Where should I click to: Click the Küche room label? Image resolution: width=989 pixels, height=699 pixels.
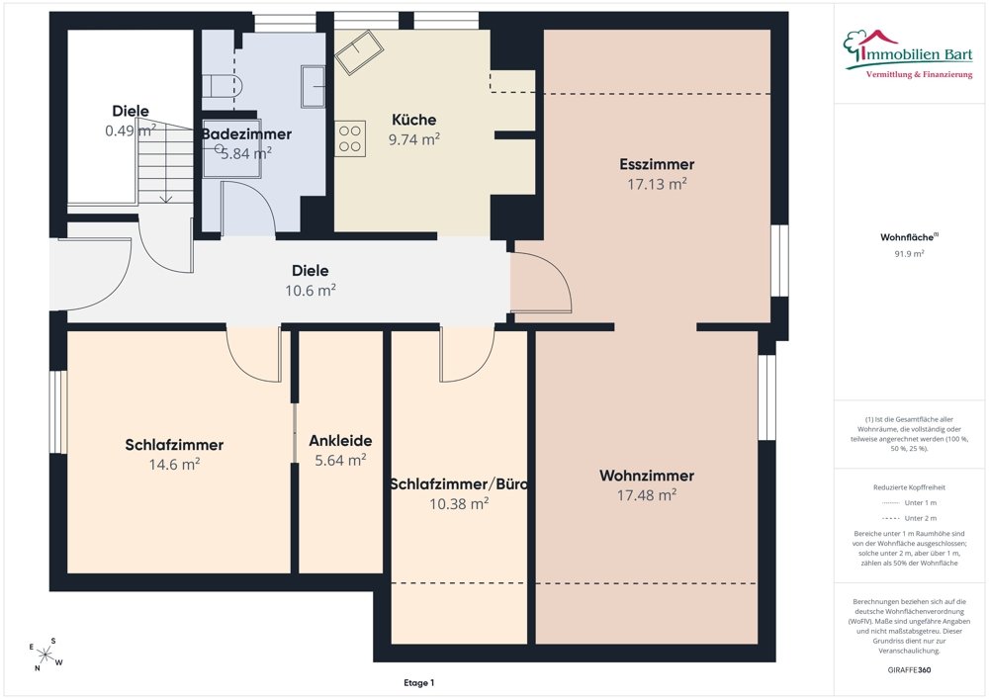pos(413,119)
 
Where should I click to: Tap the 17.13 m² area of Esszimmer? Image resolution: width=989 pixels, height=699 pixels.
pos(657,184)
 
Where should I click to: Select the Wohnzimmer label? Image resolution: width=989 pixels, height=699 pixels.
pos(647,476)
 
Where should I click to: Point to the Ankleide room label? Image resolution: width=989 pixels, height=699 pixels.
pos(340,441)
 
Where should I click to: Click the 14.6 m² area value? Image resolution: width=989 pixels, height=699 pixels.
pos(174,464)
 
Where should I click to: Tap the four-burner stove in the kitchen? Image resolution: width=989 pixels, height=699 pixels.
pos(350,139)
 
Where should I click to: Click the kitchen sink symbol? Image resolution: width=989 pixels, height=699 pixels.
pos(359,51)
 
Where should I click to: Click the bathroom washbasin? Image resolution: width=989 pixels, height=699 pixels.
pos(313,86)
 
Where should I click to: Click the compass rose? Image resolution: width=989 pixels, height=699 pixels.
pos(45,655)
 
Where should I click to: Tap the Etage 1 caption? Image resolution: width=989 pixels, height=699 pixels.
pos(418,682)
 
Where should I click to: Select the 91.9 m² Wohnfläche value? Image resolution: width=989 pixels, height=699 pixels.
pos(909,254)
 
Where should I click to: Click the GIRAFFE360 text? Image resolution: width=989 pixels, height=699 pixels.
pos(909,670)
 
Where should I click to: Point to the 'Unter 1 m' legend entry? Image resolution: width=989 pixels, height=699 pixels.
pos(909,503)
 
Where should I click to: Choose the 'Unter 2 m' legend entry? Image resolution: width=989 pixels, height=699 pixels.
pos(909,518)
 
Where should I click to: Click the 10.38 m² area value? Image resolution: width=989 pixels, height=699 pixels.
pos(459,503)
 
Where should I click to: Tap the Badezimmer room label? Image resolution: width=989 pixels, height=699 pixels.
pos(246,133)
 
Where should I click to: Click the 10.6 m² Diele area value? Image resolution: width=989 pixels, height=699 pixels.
pos(311,290)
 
